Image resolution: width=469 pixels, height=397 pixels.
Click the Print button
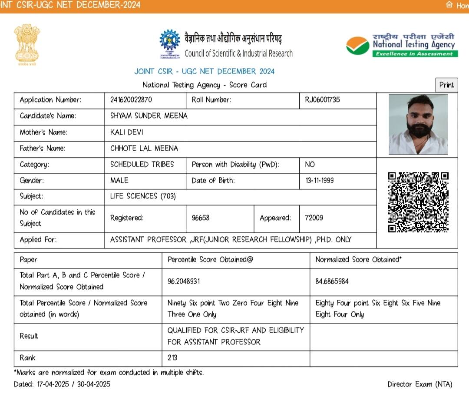click(446, 85)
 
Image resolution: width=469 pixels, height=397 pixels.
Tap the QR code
click(418, 202)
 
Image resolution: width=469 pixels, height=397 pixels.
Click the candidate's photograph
click(418, 125)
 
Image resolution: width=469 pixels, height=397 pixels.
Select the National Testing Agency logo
click(400, 45)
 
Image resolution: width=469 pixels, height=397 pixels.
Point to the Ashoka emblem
click(27, 45)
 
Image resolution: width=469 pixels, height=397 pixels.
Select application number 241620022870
click(131, 100)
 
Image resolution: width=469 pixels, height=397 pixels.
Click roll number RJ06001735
click(320, 100)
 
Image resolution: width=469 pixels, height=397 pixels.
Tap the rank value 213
click(172, 358)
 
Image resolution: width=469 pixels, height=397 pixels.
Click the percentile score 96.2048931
click(184, 281)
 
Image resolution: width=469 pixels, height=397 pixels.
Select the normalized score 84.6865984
click(332, 281)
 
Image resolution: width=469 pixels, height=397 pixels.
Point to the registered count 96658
click(200, 218)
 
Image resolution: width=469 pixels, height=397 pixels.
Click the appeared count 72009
click(314, 218)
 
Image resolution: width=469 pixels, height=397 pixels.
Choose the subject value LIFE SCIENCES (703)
click(143, 196)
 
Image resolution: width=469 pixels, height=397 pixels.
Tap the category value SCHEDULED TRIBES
click(142, 164)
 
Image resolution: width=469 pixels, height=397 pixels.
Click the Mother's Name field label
click(43, 132)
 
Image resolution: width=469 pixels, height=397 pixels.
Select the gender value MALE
click(119, 181)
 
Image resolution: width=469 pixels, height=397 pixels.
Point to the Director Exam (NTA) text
click(419, 384)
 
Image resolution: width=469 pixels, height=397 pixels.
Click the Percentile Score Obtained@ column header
click(210, 260)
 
